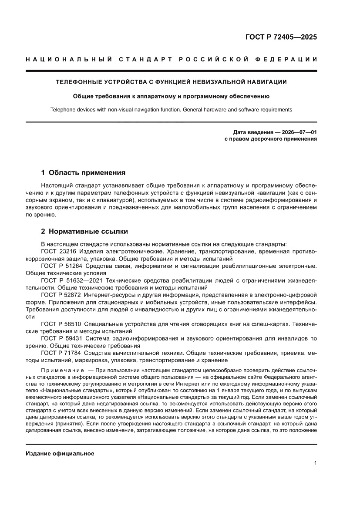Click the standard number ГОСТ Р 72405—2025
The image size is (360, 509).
tap(281, 37)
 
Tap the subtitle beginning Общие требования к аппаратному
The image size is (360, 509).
tap(171, 96)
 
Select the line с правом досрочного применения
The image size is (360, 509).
tap(270, 139)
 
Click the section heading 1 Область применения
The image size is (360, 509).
tap(83, 172)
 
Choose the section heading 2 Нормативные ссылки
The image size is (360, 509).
tap(84, 231)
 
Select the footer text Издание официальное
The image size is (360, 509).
tap(60, 454)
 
